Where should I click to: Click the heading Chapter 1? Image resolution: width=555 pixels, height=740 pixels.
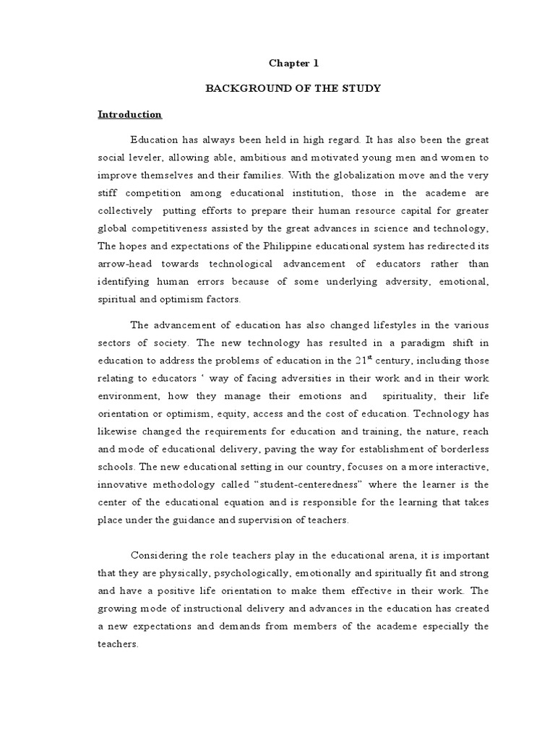pyautogui.click(x=293, y=63)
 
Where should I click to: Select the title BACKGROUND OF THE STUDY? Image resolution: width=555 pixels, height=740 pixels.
pyautogui.click(x=293, y=88)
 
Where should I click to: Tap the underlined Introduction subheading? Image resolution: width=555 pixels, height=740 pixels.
pyautogui.click(x=130, y=114)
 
